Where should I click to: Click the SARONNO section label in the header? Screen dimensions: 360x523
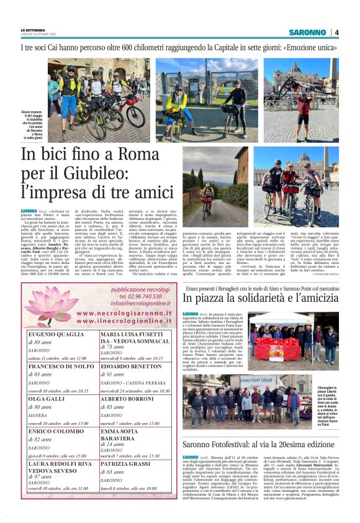coord(310,32)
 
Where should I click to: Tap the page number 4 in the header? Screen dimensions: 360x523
coord(336,32)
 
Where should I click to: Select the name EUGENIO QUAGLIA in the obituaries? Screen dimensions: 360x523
coord(56,335)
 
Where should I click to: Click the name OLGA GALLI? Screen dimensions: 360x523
coord(45,399)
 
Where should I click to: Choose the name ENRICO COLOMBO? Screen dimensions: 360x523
coord(56,430)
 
